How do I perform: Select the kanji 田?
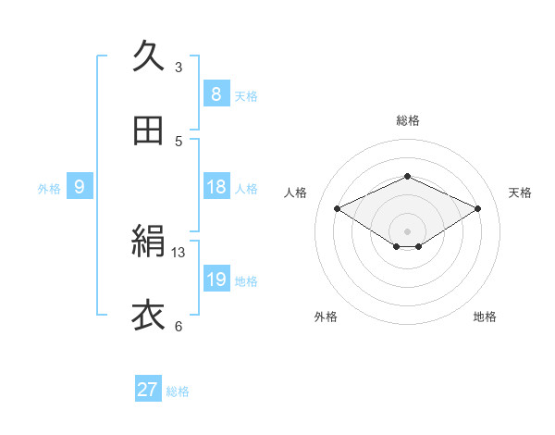[x=148, y=131]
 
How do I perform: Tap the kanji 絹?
[x=148, y=243]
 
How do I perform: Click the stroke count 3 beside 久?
[x=179, y=67]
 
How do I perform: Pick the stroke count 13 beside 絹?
[x=179, y=252]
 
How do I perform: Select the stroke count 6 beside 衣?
[x=179, y=326]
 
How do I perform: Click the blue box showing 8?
[x=216, y=94]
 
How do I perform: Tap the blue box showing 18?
[x=216, y=187]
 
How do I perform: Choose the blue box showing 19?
[x=216, y=280]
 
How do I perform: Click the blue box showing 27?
[x=148, y=390]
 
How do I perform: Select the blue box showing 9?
[x=80, y=187]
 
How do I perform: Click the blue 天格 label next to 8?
[x=246, y=96]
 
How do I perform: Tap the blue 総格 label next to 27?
[x=179, y=391]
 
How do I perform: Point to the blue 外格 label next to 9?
[x=49, y=189]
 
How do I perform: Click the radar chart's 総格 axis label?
[x=407, y=120]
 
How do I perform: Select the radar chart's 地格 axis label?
[x=485, y=317]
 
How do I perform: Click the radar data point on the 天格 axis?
[x=477, y=209]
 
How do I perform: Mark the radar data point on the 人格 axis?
[x=338, y=209]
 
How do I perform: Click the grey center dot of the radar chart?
[x=407, y=230]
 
